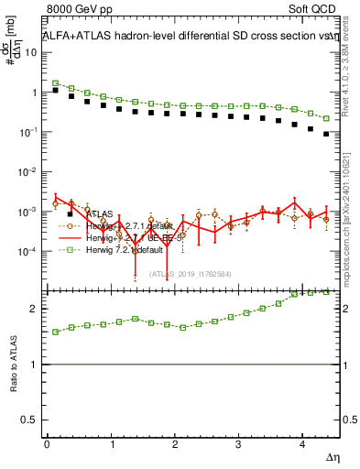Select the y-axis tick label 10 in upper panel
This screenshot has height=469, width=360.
pyautogui.click(x=31, y=52)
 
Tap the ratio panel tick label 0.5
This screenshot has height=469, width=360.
pyautogui.click(x=29, y=420)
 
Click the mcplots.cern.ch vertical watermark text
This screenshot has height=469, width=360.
pyautogui.click(x=351, y=211)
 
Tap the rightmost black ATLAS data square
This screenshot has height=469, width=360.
pyautogui.click(x=327, y=135)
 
